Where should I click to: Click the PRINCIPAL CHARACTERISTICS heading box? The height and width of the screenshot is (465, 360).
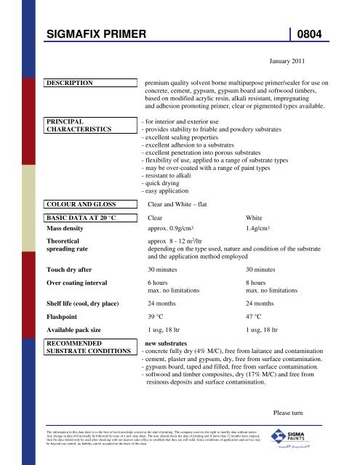point(79,124)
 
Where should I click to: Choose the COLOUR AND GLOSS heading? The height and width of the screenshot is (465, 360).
point(86,204)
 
